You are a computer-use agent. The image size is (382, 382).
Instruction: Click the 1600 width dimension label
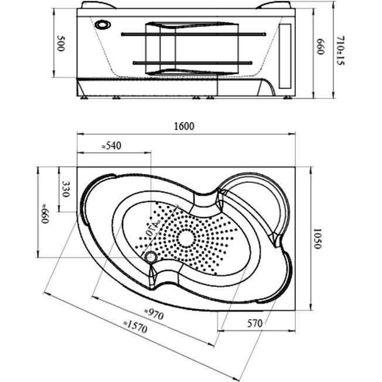[183, 126]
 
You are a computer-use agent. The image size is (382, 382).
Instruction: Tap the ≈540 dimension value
[111, 146]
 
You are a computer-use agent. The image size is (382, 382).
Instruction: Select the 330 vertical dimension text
[66, 189]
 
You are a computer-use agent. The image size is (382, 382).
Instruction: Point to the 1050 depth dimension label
[317, 238]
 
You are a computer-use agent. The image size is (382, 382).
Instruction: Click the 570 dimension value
[253, 322]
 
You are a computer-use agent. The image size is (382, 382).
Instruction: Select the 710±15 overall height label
[340, 50]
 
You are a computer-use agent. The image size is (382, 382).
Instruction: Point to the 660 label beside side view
[320, 47]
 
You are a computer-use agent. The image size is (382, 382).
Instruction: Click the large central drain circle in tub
[185, 237]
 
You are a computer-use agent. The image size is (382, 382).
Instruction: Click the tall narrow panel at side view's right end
[287, 56]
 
